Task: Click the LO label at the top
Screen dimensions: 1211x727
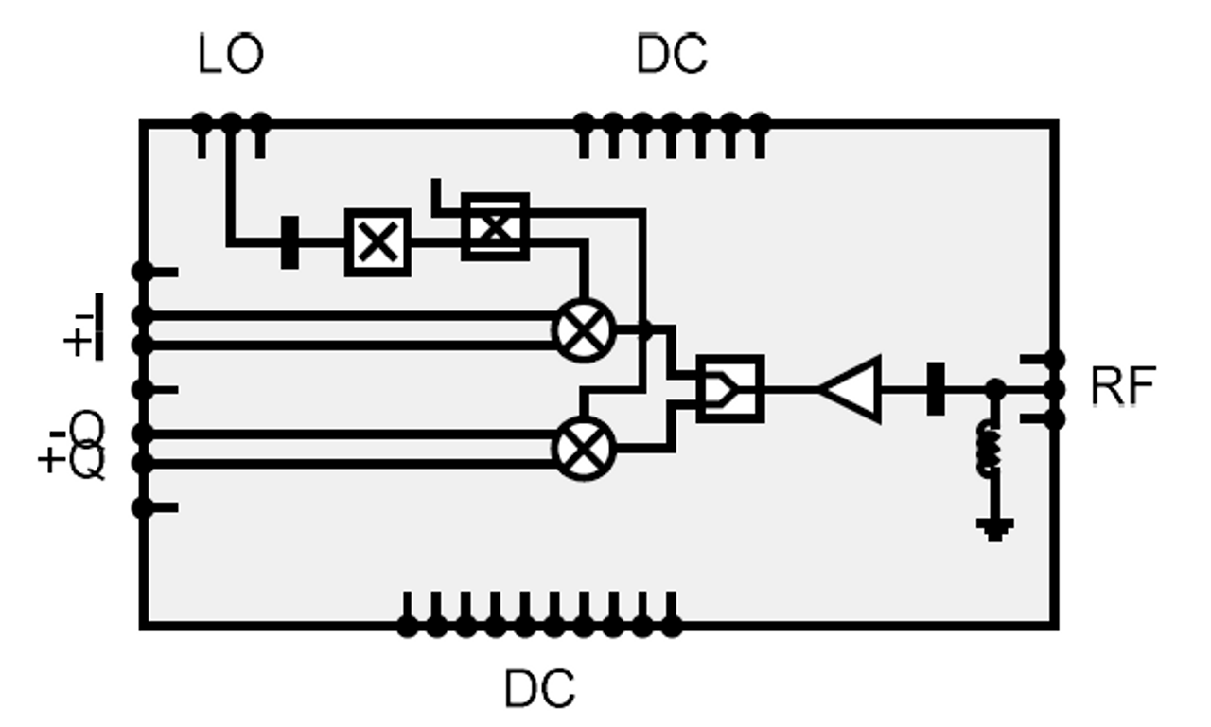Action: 231,53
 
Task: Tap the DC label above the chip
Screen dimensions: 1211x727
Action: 672,53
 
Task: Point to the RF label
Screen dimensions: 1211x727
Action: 1123,385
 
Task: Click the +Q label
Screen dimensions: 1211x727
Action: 71,461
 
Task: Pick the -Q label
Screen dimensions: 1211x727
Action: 78,430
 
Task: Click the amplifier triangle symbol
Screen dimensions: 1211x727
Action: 850,389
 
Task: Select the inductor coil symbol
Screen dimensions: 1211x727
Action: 990,449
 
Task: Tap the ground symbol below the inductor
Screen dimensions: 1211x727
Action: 994,529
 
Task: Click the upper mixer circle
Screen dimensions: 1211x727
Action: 584,330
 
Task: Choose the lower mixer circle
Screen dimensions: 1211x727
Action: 584,449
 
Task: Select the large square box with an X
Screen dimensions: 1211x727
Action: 377,242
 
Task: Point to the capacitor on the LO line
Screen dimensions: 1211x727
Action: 290,242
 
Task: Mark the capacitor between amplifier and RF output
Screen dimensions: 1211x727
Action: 936,389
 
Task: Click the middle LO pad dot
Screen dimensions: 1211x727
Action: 231,123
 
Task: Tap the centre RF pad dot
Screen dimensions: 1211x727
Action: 1054,389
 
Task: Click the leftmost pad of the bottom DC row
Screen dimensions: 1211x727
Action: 407,628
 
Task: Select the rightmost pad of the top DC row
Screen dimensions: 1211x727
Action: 760,123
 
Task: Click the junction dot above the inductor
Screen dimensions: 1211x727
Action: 995,389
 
